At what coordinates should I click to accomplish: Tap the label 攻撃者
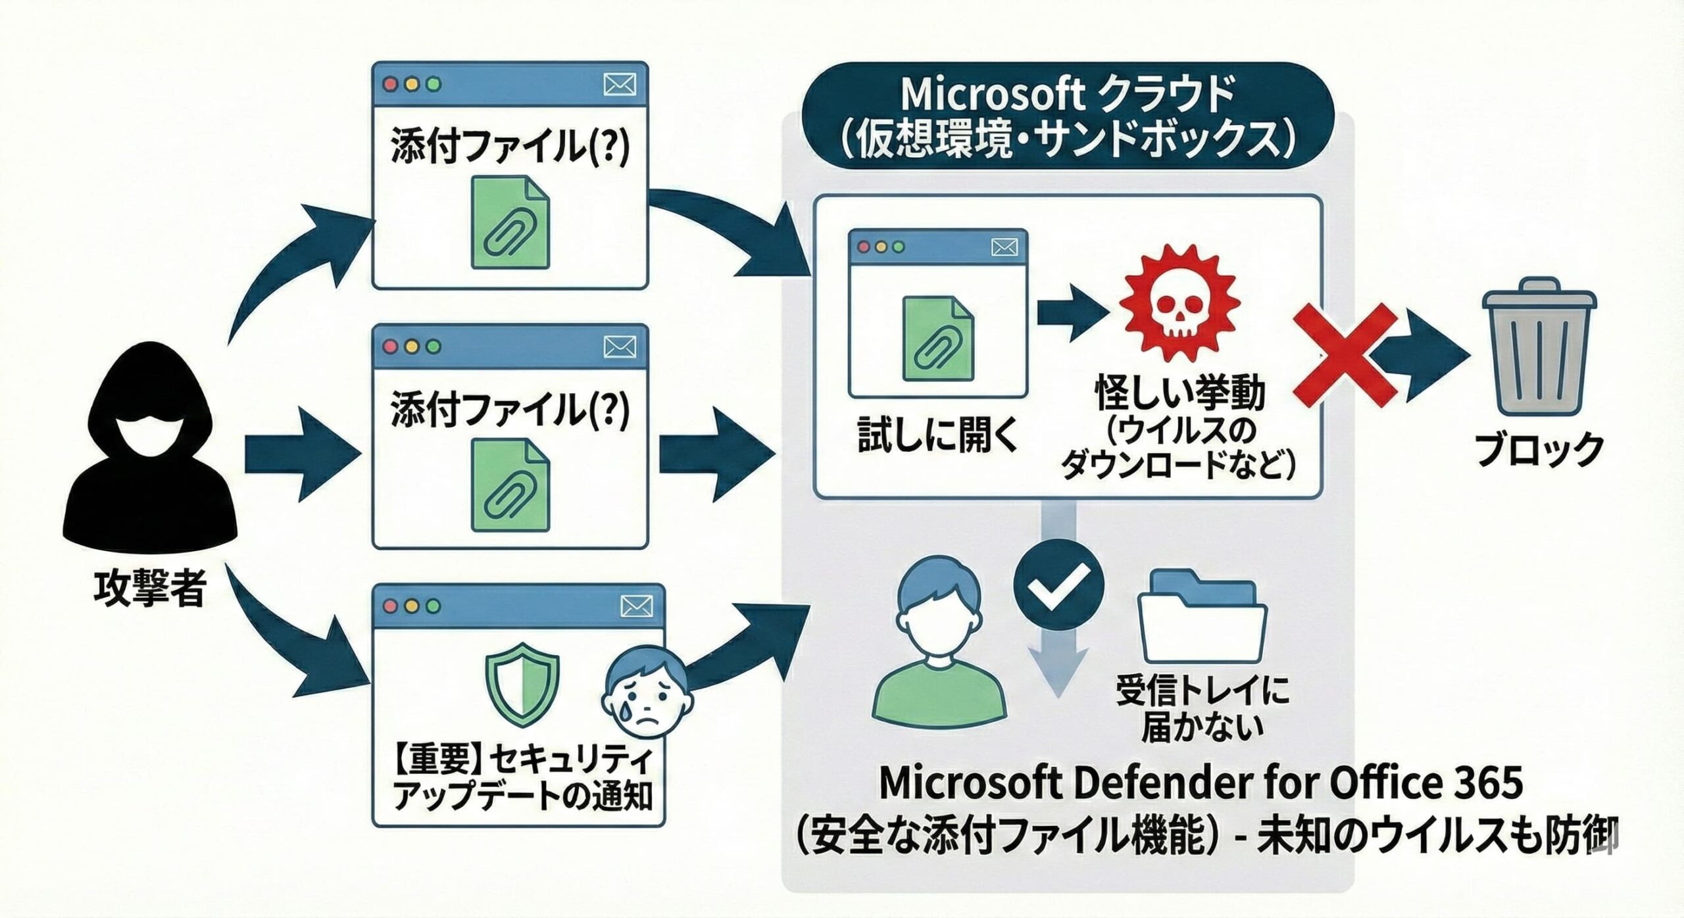tap(150, 587)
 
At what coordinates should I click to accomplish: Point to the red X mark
tap(1345, 355)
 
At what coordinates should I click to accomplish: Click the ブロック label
tap(1539, 450)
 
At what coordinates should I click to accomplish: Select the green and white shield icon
tap(522, 684)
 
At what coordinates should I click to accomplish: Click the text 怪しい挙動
tap(1180, 393)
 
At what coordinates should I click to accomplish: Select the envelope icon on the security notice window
tap(637, 606)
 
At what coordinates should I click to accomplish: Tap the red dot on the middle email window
tap(391, 347)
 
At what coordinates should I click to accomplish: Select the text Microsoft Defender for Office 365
tap(1201, 783)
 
